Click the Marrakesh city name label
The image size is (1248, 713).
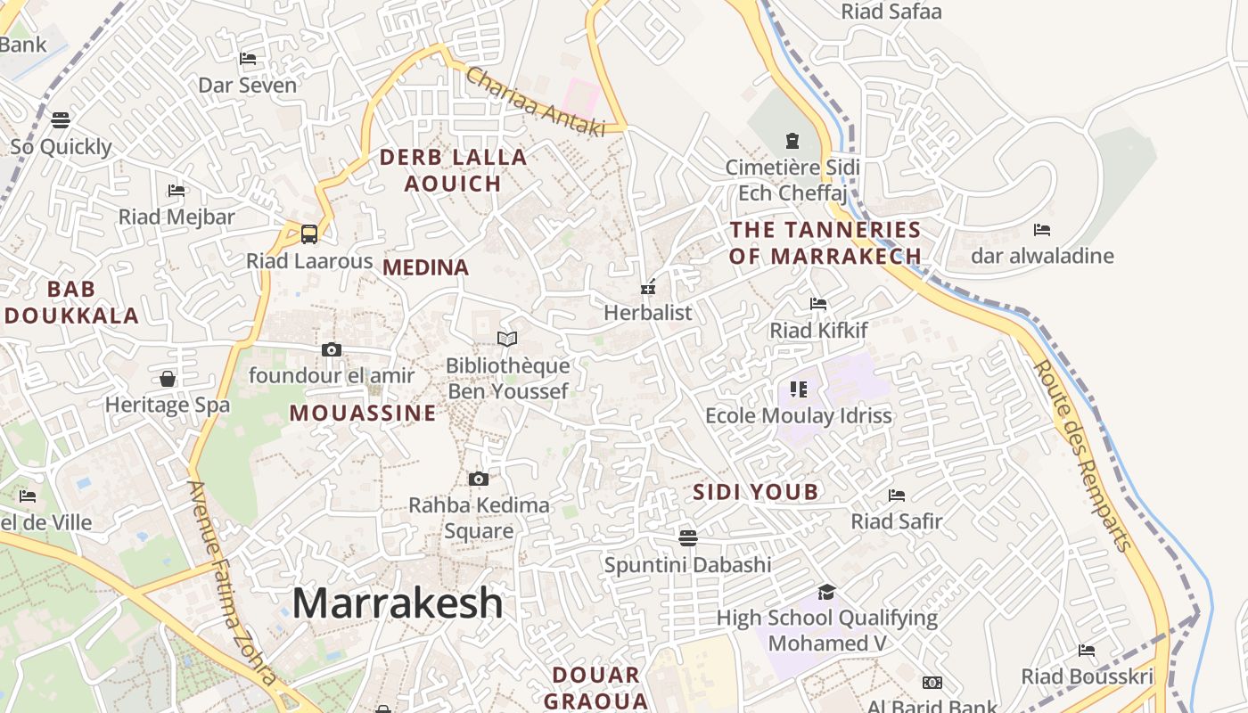(x=398, y=603)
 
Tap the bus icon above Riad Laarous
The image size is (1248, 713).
(x=309, y=234)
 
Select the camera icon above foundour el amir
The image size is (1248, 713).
(x=332, y=349)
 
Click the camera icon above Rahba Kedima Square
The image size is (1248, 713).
(x=479, y=479)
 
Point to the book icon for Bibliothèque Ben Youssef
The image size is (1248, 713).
(x=507, y=339)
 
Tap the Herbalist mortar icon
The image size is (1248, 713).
(x=648, y=287)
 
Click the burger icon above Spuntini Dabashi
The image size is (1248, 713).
(x=687, y=537)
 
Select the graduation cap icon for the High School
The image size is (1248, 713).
(x=827, y=592)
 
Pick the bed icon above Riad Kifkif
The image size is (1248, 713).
(x=818, y=304)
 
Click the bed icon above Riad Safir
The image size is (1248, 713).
(x=897, y=495)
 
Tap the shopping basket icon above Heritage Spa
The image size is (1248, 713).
(x=168, y=379)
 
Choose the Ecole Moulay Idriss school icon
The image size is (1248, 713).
(x=798, y=389)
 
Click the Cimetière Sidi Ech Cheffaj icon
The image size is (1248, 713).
(x=792, y=141)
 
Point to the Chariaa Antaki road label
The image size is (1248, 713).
(x=535, y=102)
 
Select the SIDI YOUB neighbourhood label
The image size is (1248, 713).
(x=755, y=492)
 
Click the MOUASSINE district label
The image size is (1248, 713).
(x=363, y=414)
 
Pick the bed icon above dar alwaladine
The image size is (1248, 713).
(x=1041, y=230)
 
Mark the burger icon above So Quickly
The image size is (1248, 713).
(x=61, y=119)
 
